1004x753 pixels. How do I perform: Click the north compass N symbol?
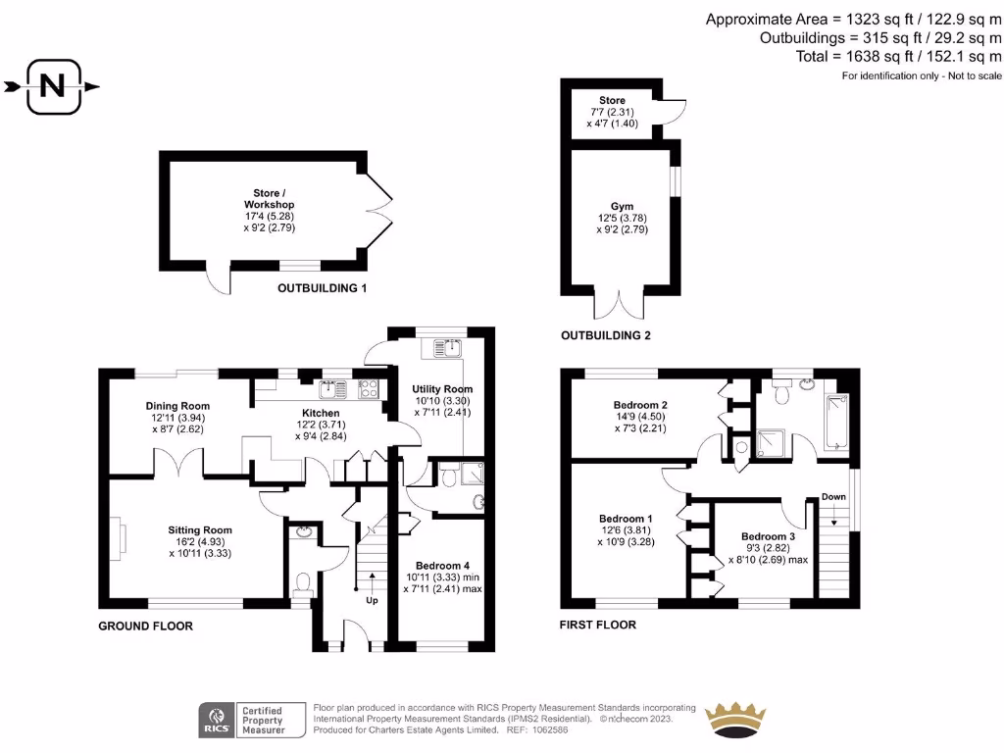[52, 86]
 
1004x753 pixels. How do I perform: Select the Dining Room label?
[177, 406]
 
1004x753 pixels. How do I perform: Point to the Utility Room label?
[442, 389]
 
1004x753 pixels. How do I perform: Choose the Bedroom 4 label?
[442, 566]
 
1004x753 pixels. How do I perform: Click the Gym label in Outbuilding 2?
[623, 204]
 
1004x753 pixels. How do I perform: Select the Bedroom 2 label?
[640, 405]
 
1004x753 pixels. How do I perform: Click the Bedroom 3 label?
[768, 536]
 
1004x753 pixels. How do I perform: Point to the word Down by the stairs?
[833, 497]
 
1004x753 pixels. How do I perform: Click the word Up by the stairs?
[372, 600]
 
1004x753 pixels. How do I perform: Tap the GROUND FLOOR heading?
[145, 626]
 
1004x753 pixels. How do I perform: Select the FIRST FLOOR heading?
[597, 625]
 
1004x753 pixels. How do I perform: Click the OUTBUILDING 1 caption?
[322, 288]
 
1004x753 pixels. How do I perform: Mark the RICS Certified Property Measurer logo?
[243, 720]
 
